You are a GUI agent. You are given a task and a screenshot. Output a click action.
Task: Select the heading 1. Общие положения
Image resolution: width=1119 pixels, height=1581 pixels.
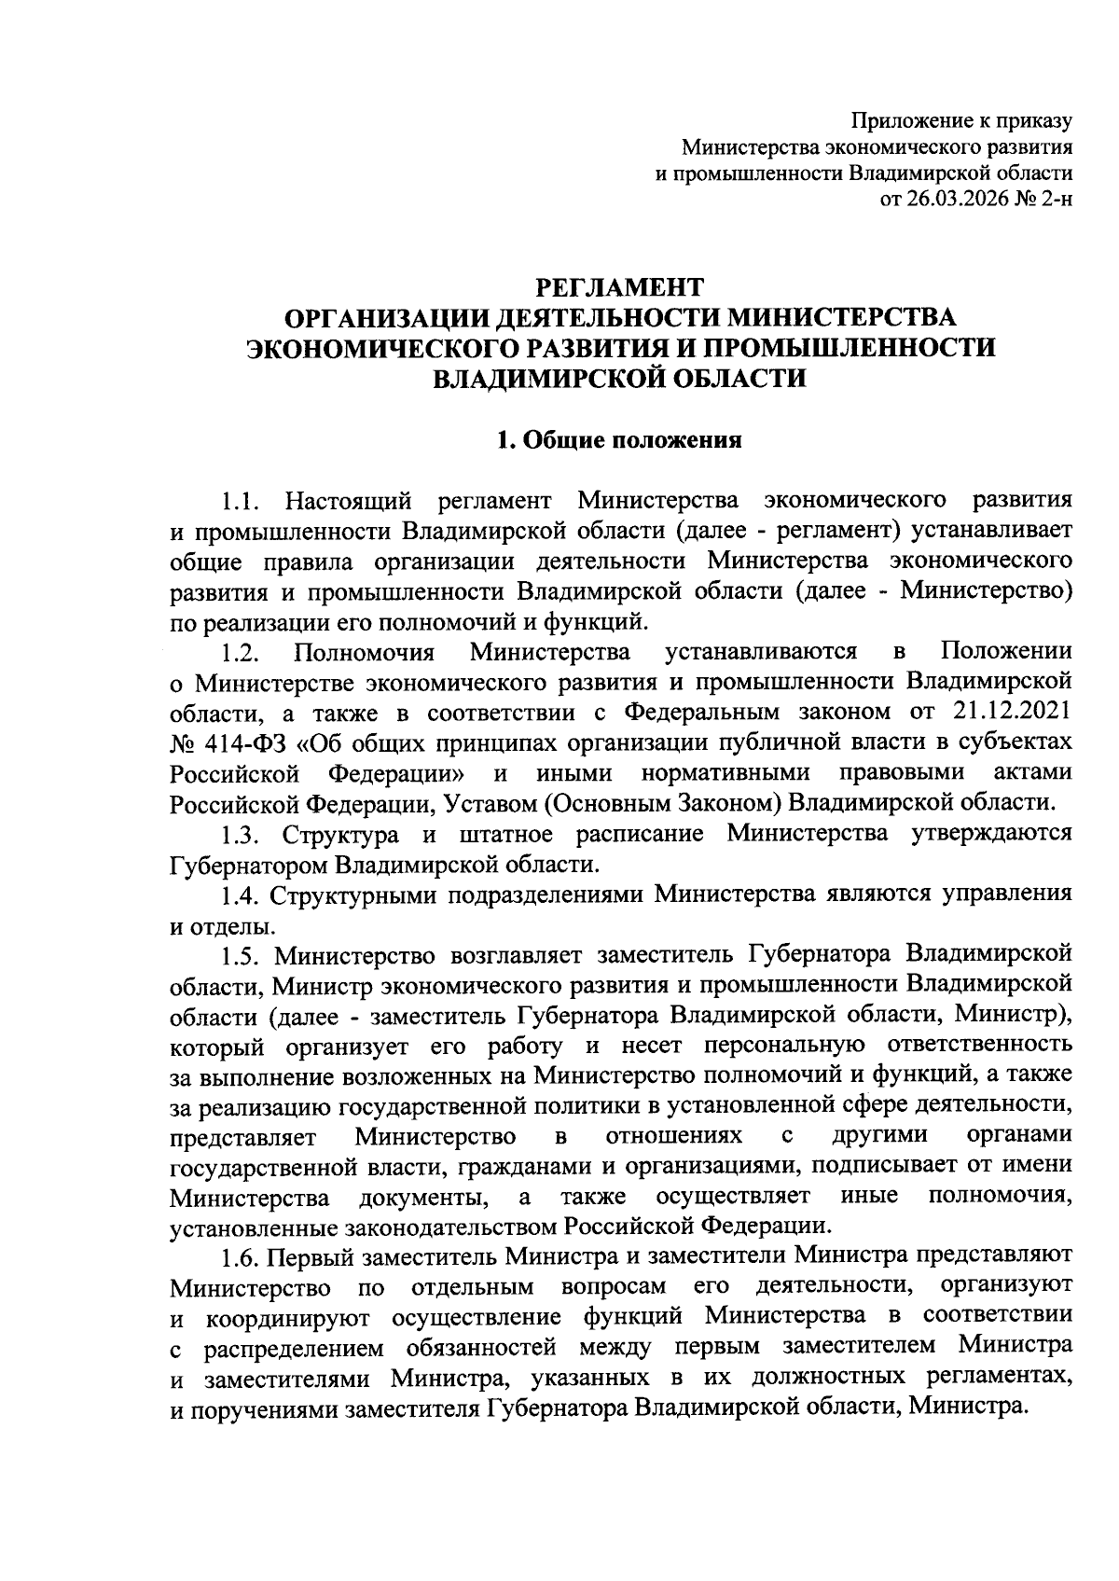point(620,440)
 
